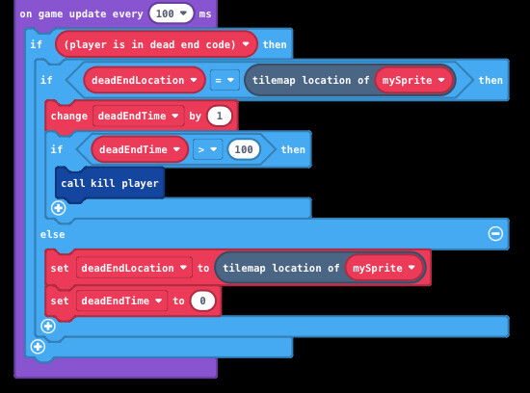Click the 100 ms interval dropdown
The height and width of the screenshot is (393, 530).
172,13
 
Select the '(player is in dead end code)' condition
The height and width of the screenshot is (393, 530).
156,44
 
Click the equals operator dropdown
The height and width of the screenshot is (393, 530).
225,80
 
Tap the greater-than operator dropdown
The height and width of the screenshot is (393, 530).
207,149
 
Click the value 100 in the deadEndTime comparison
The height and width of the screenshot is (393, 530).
244,149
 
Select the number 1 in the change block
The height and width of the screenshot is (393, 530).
220,116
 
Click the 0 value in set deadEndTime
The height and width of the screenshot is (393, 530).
202,301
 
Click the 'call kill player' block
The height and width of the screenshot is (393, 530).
110,183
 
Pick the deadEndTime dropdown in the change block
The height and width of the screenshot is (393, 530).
138,116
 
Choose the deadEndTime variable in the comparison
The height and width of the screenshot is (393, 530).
140,149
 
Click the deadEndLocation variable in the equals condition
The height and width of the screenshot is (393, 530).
145,80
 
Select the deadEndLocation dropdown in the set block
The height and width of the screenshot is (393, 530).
134,268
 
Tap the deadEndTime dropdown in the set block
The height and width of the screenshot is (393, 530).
121,301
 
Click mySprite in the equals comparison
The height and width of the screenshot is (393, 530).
413,80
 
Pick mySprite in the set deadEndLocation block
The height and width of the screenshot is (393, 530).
384,268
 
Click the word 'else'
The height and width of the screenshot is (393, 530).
52,234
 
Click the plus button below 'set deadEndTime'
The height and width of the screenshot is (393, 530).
48,327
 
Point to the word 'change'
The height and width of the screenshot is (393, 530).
69,116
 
